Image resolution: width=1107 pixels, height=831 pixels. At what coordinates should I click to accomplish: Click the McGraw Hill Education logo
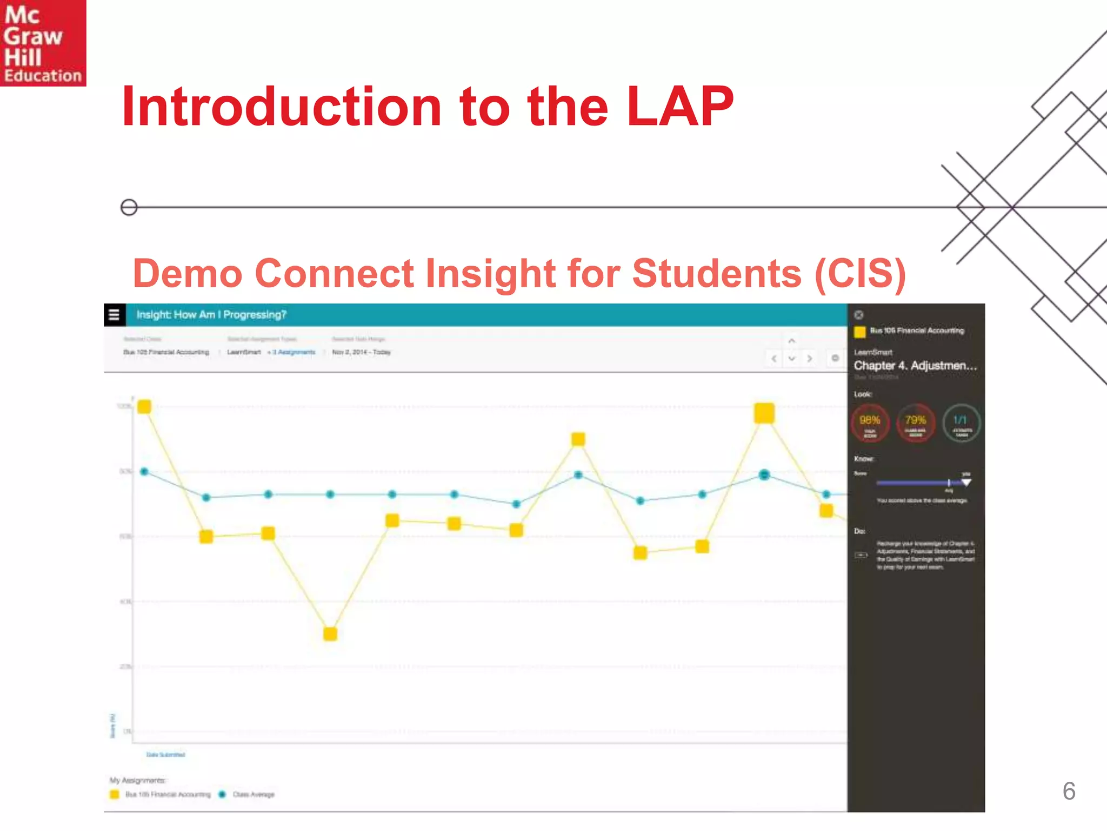pyautogui.click(x=43, y=43)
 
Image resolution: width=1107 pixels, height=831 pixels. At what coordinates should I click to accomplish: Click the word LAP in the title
pyautogui.click(x=680, y=107)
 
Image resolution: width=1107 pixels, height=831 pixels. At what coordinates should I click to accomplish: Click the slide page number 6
pyautogui.click(x=1069, y=791)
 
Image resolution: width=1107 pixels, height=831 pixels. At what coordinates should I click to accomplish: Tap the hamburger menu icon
pyautogui.click(x=114, y=315)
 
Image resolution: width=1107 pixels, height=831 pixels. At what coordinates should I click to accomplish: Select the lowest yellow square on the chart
pyautogui.click(x=330, y=634)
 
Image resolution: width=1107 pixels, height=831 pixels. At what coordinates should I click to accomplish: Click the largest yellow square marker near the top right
pyautogui.click(x=764, y=413)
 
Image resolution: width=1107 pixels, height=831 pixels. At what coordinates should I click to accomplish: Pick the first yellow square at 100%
pyautogui.click(x=144, y=407)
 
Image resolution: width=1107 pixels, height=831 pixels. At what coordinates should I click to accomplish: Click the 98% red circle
pyautogui.click(x=870, y=423)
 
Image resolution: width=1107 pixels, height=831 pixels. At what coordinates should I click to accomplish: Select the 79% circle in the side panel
pyautogui.click(x=916, y=423)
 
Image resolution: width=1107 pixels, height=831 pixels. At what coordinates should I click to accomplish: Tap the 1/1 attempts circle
pyautogui.click(x=961, y=423)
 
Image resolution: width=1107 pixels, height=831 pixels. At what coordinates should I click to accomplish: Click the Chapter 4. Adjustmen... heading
pyautogui.click(x=915, y=366)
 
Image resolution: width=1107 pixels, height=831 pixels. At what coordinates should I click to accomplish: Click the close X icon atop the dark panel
pyautogui.click(x=858, y=315)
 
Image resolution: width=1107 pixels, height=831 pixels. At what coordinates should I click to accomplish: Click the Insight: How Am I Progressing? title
pyautogui.click(x=211, y=315)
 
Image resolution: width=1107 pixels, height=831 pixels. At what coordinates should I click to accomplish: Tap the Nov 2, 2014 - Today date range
pyautogui.click(x=361, y=352)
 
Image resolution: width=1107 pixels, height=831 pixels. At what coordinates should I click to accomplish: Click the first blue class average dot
pyautogui.click(x=144, y=472)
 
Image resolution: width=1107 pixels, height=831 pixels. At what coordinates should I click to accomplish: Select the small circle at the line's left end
pyautogui.click(x=129, y=207)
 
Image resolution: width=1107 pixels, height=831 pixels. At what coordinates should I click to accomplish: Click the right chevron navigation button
pyautogui.click(x=809, y=359)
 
